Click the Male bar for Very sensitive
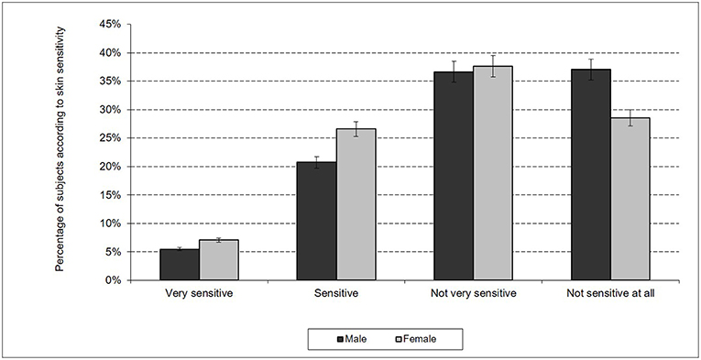point(180,265)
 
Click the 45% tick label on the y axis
point(112,25)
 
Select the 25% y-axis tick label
point(112,138)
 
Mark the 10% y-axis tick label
point(112,224)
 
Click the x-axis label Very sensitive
point(199,295)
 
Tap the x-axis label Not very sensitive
point(473,295)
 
